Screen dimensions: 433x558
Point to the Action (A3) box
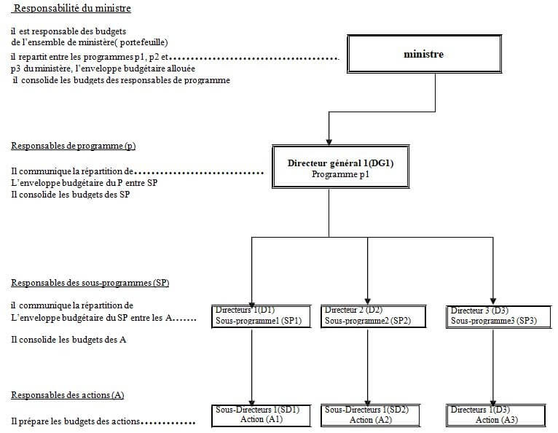pos(497,415)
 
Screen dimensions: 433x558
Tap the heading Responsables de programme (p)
pos(73,146)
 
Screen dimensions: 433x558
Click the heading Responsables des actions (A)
pos(68,395)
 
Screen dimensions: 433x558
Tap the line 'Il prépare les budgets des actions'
pos(76,422)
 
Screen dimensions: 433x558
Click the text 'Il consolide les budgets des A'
pos(69,340)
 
